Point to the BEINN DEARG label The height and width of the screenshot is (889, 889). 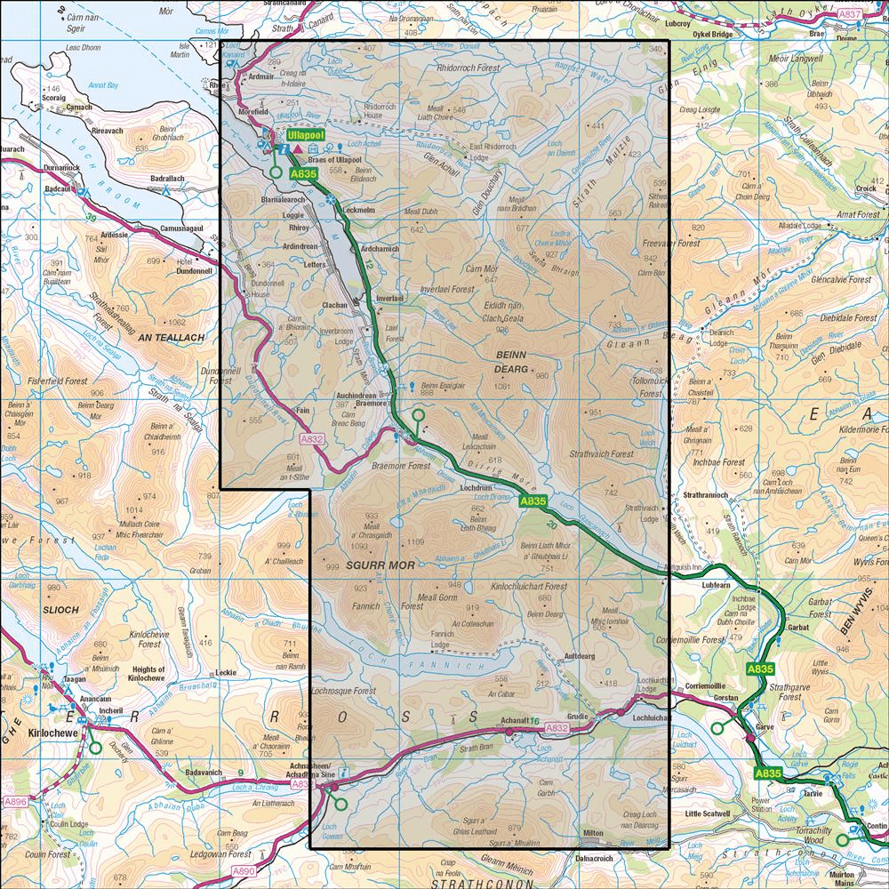[x=506, y=359]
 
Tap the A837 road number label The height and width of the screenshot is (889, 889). [x=850, y=15]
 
